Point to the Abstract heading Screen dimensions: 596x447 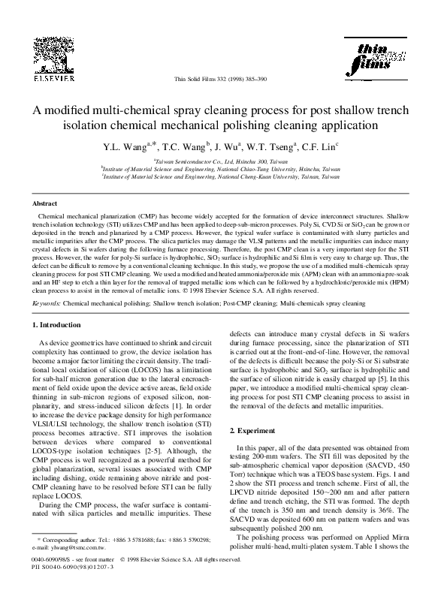tap(47, 203)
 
